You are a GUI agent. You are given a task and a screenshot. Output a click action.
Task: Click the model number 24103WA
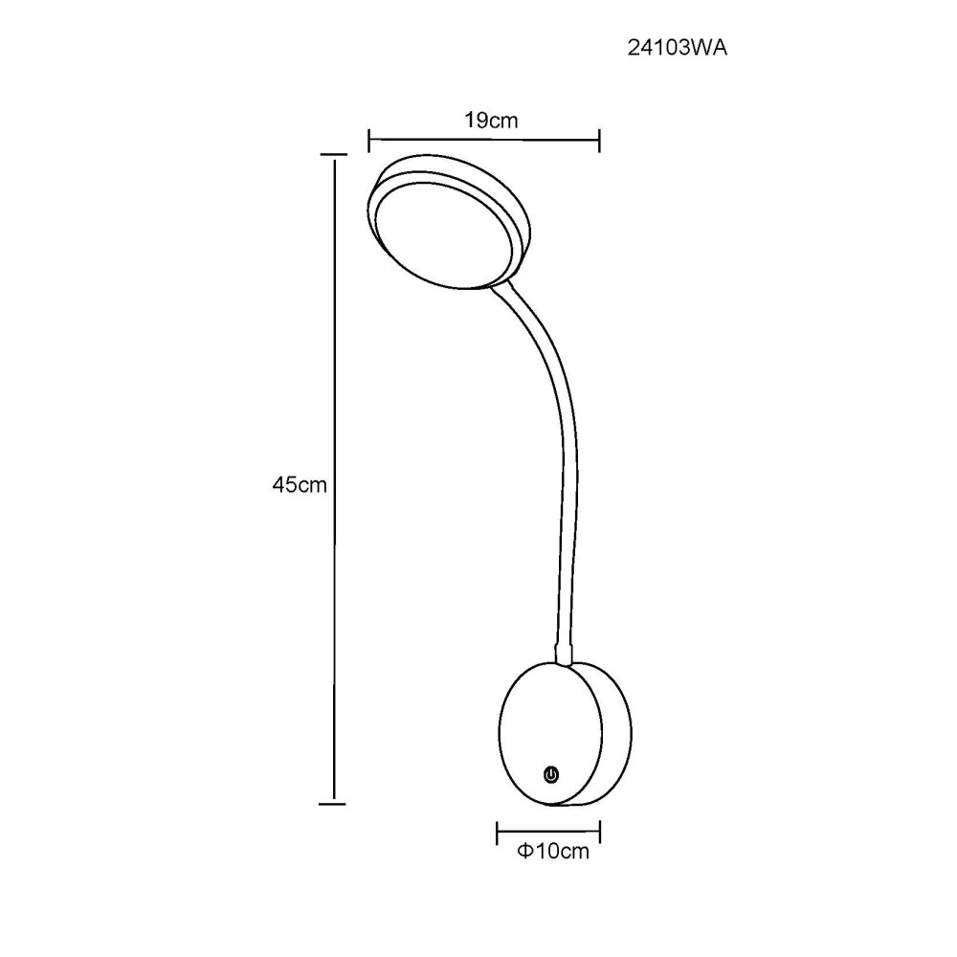click(678, 48)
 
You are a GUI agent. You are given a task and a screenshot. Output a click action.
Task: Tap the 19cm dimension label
click(491, 121)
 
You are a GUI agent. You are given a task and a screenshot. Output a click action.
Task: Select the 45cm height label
click(300, 484)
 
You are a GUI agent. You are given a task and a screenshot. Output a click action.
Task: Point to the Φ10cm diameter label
click(553, 851)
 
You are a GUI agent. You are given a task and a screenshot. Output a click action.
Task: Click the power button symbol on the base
click(551, 775)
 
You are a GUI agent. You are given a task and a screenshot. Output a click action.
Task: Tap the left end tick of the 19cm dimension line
click(369, 141)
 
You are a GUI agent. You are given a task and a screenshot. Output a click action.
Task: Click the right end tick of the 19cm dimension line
click(599, 141)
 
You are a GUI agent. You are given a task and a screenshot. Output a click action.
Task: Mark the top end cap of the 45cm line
click(333, 154)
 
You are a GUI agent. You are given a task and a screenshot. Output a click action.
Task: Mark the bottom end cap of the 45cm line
click(333, 803)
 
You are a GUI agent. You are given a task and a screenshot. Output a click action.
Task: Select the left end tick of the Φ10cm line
click(498, 834)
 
